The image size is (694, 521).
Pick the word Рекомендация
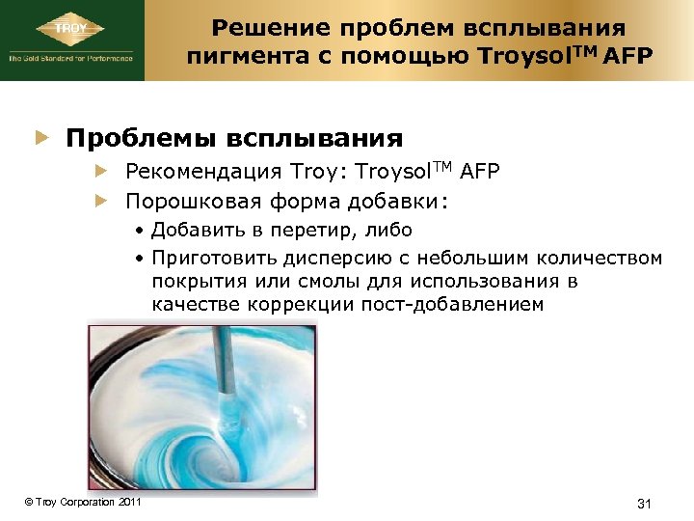(x=203, y=173)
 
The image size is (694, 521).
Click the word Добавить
(x=195, y=230)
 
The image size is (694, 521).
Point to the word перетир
(x=316, y=230)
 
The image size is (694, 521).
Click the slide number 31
(x=646, y=503)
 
